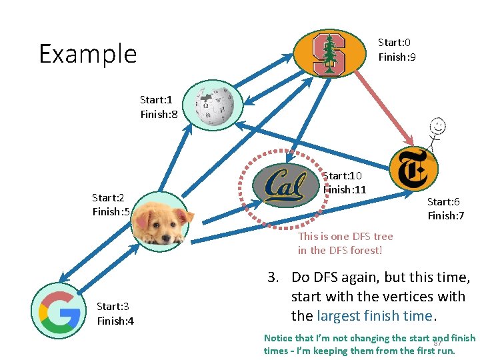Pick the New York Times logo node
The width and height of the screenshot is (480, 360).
point(413,170)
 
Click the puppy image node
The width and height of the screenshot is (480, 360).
point(160,220)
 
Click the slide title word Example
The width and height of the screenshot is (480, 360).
point(87,54)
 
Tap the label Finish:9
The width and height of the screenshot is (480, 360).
point(397,57)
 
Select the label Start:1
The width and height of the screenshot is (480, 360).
point(157,100)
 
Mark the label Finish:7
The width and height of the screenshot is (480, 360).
point(445,215)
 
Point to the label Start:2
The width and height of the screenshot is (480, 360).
point(109,198)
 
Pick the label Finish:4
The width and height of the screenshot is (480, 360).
point(115,321)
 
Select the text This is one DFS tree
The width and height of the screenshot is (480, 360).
point(345,236)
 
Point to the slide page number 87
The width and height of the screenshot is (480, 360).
point(437,343)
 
